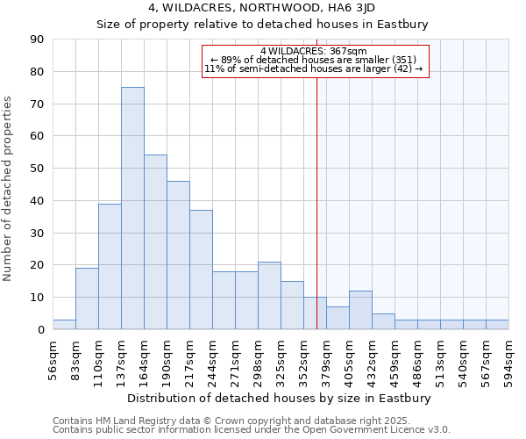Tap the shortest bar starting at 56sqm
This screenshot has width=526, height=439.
click(64, 325)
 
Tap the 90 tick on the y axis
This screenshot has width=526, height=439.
click(37, 40)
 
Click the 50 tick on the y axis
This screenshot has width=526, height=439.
click(37, 169)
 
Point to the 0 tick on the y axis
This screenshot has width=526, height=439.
click(40, 330)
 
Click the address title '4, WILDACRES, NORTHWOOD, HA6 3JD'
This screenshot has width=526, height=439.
click(262, 10)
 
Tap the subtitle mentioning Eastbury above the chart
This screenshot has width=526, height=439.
click(262, 25)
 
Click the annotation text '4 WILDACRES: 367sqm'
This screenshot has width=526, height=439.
click(314, 52)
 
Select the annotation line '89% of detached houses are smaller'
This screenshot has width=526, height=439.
click(314, 60)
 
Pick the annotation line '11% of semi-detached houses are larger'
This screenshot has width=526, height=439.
click(314, 68)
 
